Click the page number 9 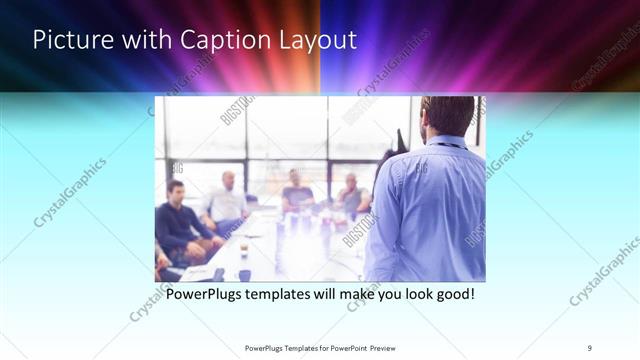pyautogui.click(x=589, y=347)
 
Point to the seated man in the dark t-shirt pyautogui.click(x=297, y=192)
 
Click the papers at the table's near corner pyautogui.click(x=200, y=271)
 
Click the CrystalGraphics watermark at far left pyautogui.click(x=70, y=190)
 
